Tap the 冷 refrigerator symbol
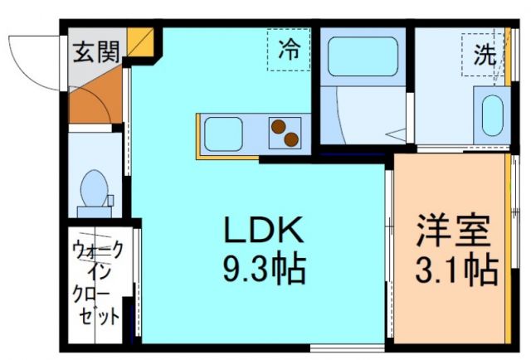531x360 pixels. pos(289,50)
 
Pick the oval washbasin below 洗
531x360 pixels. pos(492,115)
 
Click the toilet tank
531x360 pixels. pos(94,202)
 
